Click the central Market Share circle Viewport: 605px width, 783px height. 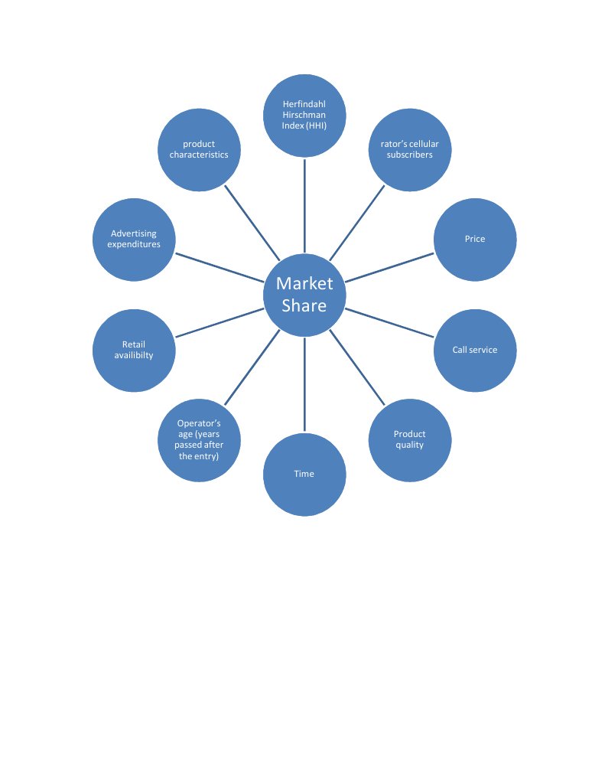(x=304, y=295)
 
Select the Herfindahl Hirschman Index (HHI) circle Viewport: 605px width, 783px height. (x=304, y=115)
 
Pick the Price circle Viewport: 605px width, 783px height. (x=475, y=239)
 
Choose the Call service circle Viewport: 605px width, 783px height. (x=475, y=350)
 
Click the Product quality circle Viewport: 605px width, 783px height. (x=409, y=439)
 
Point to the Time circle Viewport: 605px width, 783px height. (x=304, y=474)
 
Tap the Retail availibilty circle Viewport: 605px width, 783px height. (x=134, y=350)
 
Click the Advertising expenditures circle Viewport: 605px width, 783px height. (x=134, y=239)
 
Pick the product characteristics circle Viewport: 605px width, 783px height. (x=199, y=148)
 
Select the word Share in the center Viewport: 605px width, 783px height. (x=304, y=306)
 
